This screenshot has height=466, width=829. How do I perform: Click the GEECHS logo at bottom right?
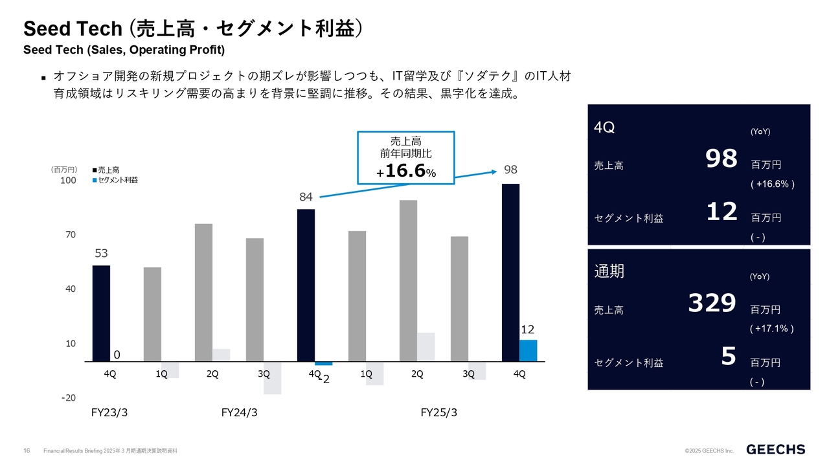click(776, 449)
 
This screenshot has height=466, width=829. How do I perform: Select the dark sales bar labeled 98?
click(511, 272)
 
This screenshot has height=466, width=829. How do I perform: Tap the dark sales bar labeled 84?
click(306, 285)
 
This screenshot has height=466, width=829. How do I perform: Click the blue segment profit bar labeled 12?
click(528, 350)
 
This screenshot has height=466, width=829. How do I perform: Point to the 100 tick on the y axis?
click(68, 181)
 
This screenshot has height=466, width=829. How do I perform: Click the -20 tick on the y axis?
click(68, 397)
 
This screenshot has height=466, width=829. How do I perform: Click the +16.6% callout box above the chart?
click(406, 157)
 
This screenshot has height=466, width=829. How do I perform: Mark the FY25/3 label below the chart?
click(438, 413)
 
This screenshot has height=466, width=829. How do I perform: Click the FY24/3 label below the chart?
click(239, 413)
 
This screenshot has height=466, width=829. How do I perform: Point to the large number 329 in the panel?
click(712, 303)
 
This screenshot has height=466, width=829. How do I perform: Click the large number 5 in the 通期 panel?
click(729, 356)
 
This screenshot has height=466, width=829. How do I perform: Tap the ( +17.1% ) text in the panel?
click(771, 329)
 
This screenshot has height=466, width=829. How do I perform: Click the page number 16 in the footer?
click(27, 450)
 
